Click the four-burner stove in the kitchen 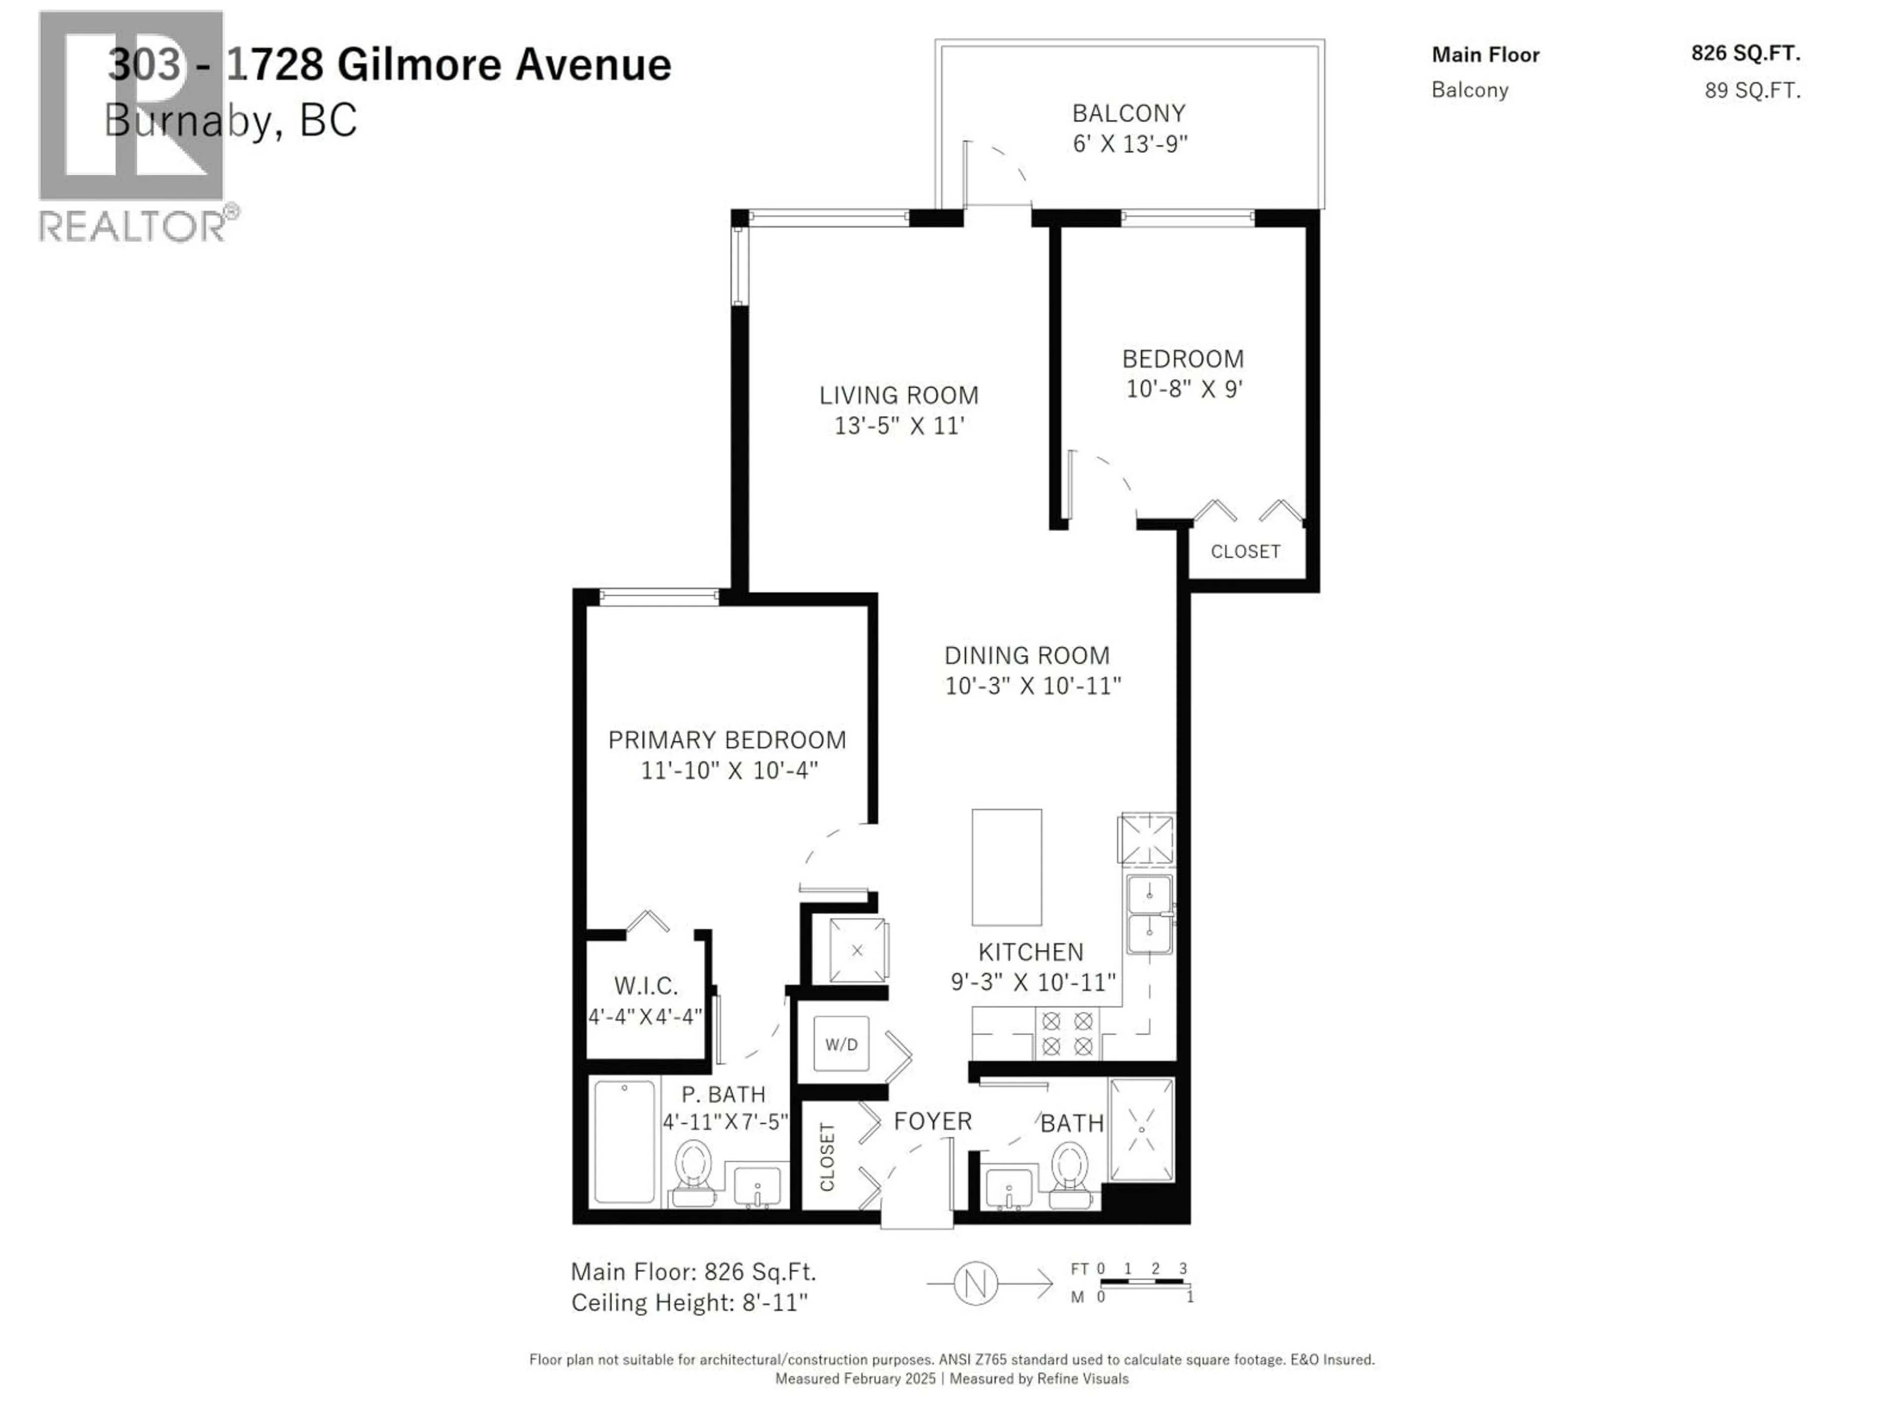tap(1067, 1033)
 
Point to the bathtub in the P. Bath tap(624, 1142)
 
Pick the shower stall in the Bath tap(1142, 1129)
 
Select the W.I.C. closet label tap(645, 986)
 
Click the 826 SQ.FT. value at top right tap(1745, 54)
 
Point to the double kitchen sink tap(1149, 914)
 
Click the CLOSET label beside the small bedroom tap(1245, 551)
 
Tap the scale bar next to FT tap(1142, 1282)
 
